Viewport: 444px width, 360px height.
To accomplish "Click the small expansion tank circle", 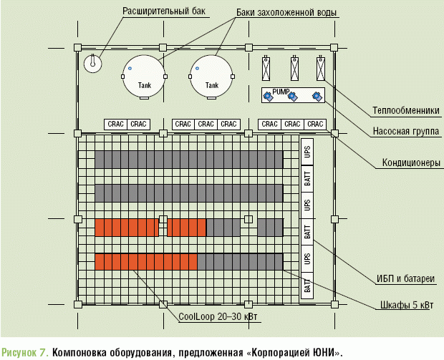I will [92, 63].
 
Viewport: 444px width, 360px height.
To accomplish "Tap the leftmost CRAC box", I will [115, 124].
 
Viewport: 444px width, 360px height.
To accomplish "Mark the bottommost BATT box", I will [307, 287].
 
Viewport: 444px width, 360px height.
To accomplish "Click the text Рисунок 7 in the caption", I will [25, 352].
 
